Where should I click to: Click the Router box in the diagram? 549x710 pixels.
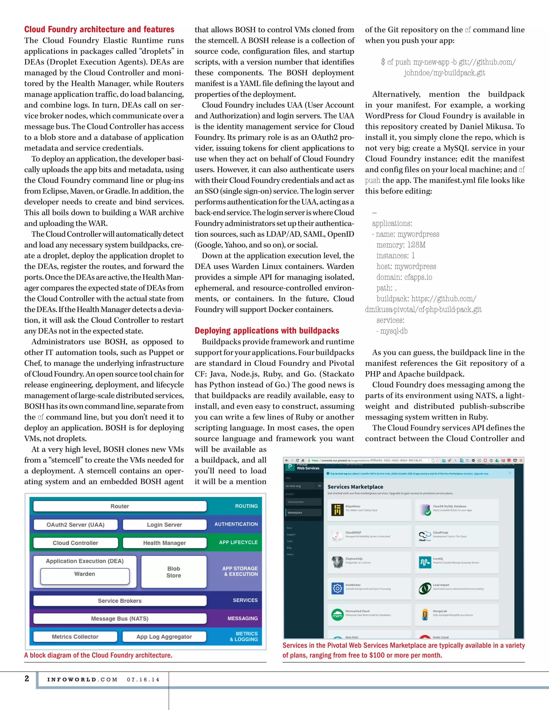pos(120,506)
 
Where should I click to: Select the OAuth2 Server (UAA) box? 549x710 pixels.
pos(75,524)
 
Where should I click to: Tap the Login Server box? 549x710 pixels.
pos(164,524)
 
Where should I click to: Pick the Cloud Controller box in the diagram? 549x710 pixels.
pos(75,543)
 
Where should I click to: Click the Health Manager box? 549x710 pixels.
pos(164,543)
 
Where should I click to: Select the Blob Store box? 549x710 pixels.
pos(174,572)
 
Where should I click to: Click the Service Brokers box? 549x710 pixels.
pos(120,600)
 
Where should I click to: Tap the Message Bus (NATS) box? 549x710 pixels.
pos(120,618)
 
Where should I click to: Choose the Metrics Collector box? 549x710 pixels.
pos(75,637)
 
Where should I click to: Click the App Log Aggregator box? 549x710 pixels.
pos(164,637)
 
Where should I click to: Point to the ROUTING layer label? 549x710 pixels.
pos(246,506)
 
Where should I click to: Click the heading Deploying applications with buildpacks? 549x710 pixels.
pos(267,331)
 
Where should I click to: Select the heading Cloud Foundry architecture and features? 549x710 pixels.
pos(99,29)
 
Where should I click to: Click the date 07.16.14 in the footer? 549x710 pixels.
pos(143,680)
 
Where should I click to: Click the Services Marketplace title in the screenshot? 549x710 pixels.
pos(355,487)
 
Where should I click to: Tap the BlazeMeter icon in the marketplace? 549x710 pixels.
pos(337,510)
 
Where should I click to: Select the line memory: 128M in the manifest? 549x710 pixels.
pos(401,245)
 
